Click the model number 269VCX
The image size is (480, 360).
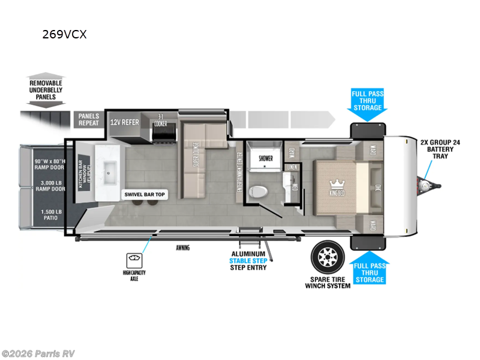pos(64,34)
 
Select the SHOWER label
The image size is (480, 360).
pos(265,158)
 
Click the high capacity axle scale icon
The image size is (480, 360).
pos(133,260)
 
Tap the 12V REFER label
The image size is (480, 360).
pos(125,122)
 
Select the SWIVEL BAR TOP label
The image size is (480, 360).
pos(145,194)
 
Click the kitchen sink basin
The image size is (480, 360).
pos(110,175)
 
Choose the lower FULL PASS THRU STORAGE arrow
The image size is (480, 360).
pos(368,268)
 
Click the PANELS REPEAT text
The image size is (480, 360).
pos(90,119)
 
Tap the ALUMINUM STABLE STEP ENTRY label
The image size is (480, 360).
pos(248,260)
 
